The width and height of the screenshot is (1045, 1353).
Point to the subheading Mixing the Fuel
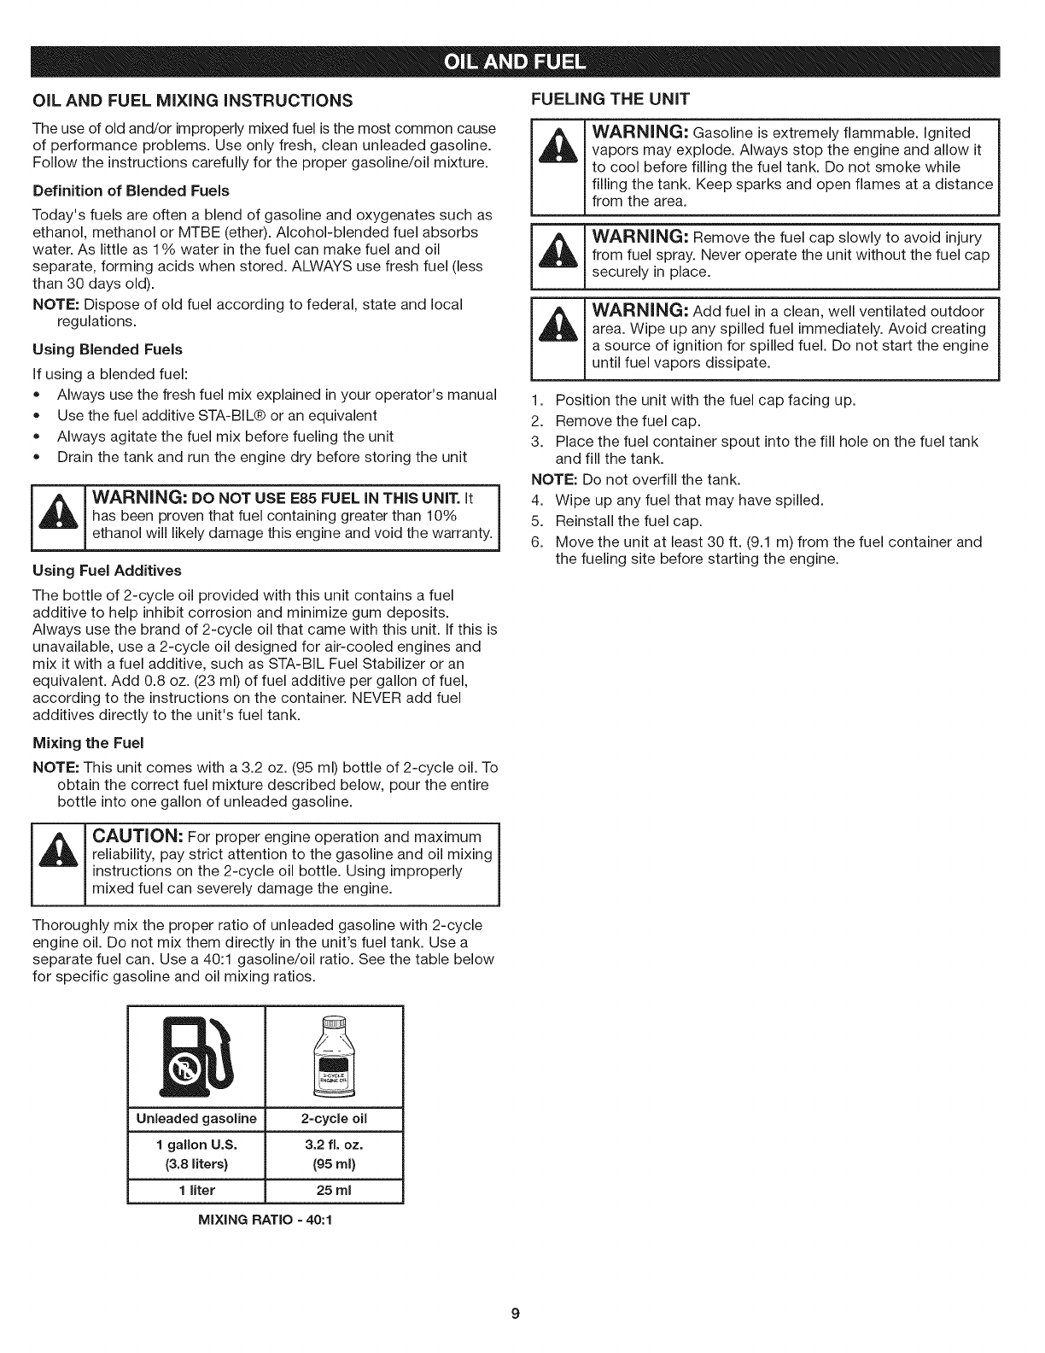(88, 741)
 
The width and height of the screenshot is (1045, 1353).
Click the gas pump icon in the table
(196, 1057)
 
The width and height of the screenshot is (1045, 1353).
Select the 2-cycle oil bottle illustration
(335, 1057)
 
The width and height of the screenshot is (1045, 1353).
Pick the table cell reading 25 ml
(335, 1190)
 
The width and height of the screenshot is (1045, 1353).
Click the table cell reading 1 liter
(196, 1190)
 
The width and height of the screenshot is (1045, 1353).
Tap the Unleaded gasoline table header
(196, 1119)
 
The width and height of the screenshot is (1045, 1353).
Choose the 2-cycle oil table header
(335, 1119)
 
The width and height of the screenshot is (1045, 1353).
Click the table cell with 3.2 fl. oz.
(335, 1145)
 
